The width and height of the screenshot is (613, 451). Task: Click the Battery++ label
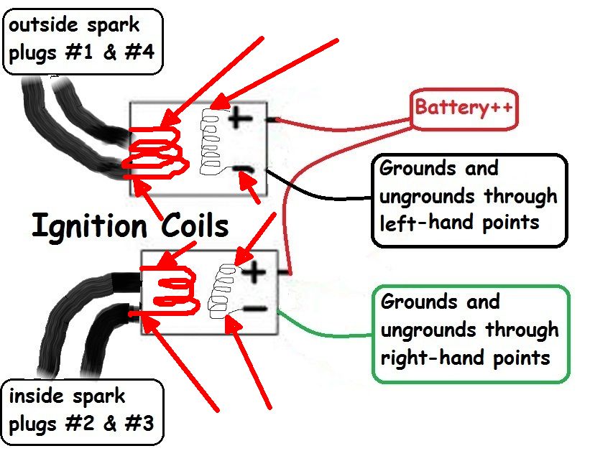463,108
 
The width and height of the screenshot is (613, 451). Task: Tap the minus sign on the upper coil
244,170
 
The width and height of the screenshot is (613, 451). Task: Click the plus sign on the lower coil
253,271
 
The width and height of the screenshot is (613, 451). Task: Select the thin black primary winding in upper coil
211,144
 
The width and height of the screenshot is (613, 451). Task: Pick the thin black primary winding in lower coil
219,291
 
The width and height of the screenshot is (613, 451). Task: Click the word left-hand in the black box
424,221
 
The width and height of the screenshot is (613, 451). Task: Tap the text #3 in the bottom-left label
139,422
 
